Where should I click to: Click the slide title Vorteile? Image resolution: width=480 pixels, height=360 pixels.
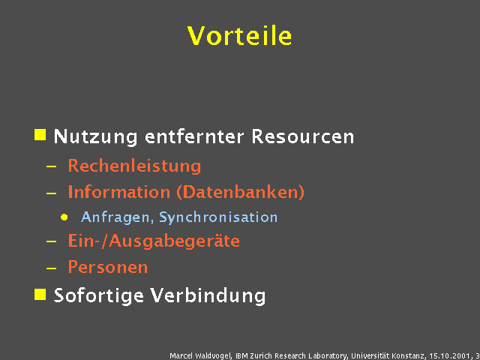[240, 35]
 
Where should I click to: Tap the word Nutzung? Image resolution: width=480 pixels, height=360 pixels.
[96, 137]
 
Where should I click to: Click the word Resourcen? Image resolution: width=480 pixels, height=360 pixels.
[303, 137]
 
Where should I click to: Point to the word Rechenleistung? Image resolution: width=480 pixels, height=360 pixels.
[134, 166]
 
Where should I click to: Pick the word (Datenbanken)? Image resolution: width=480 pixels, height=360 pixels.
[240, 192]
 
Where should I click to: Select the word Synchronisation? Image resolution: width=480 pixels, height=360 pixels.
[218, 217]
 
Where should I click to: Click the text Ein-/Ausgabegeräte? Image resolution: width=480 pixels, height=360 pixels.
[154, 241]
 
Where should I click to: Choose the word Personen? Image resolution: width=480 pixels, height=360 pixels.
[108, 267]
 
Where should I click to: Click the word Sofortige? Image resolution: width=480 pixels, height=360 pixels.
[99, 295]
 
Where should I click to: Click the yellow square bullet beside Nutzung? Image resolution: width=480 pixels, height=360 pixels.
[40, 135]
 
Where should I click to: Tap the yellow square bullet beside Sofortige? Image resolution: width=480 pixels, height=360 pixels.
[40, 293]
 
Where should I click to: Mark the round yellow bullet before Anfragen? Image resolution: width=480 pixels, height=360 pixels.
[64, 217]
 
